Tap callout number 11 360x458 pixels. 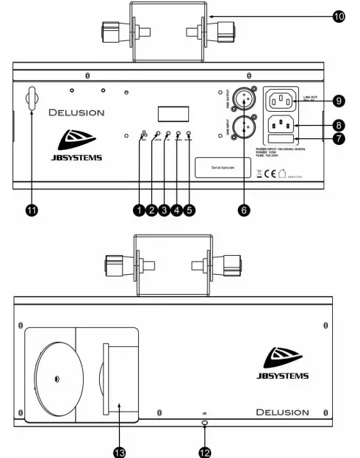pos(32,210)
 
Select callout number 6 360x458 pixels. pos(245,210)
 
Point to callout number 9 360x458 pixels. pos(336,100)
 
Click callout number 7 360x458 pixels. pos(336,138)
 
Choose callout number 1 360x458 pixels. pos(137,210)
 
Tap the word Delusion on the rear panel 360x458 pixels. pos(76,113)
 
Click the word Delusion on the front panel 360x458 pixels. pos(282,412)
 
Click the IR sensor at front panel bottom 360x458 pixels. pos(204,424)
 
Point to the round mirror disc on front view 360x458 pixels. pos(56,379)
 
